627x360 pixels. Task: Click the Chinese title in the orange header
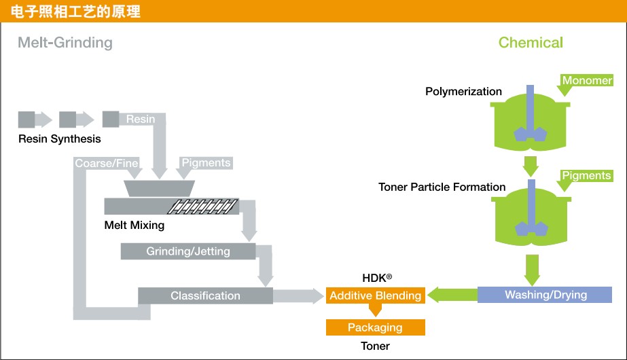pyautogui.click(x=71, y=12)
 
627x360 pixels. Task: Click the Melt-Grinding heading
pyautogui.click(x=65, y=43)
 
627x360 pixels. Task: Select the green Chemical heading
pyautogui.click(x=531, y=43)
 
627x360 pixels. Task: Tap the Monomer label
pyautogui.click(x=586, y=80)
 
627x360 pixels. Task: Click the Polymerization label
pyautogui.click(x=463, y=91)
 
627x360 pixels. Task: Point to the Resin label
pyautogui.click(x=141, y=119)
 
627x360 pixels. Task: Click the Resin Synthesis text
pyautogui.click(x=60, y=139)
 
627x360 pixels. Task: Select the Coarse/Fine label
pyautogui.click(x=107, y=163)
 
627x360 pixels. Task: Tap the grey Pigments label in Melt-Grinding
pyautogui.click(x=206, y=163)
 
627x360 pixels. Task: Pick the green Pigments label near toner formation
pyautogui.click(x=586, y=175)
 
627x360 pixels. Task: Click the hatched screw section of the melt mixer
pyautogui.click(x=204, y=205)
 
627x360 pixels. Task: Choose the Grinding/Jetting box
pyautogui.click(x=188, y=251)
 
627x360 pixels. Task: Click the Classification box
pyautogui.click(x=205, y=295)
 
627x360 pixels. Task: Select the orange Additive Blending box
pyautogui.click(x=375, y=295)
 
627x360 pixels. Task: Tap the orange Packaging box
pyautogui.click(x=375, y=327)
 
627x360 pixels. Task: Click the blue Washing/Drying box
pyautogui.click(x=545, y=295)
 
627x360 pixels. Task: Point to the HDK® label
pyautogui.click(x=377, y=278)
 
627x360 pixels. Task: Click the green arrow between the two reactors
pyautogui.click(x=531, y=165)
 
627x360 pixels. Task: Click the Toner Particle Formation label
pyautogui.click(x=442, y=187)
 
